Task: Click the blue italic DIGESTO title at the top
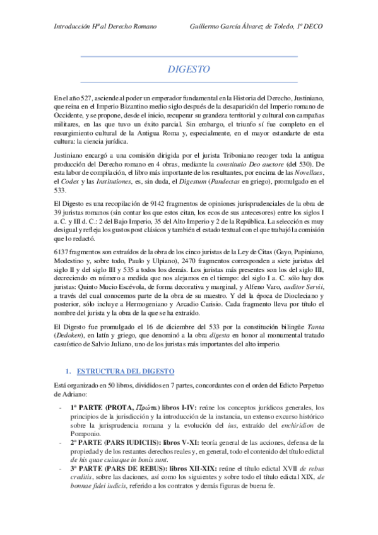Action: (x=189, y=69)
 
